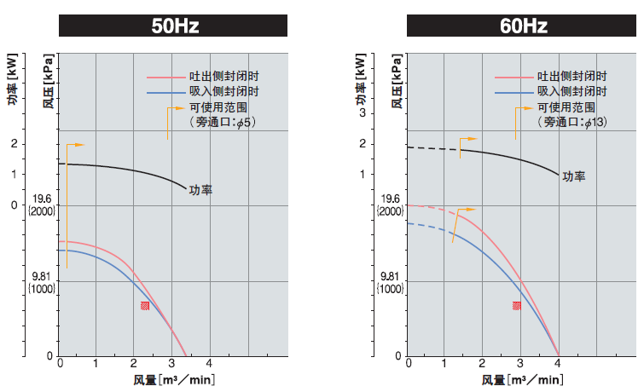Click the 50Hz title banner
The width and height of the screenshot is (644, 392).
[x=175, y=26]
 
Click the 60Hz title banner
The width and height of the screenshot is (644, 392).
[x=523, y=26]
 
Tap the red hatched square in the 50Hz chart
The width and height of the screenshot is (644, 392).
[x=145, y=305]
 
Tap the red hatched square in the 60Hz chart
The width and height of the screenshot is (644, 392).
[x=517, y=305]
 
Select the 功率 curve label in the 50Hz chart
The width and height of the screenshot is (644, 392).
[x=200, y=190]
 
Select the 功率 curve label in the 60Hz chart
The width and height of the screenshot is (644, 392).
[x=573, y=176]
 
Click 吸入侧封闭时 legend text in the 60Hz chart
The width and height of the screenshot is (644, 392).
[x=571, y=91]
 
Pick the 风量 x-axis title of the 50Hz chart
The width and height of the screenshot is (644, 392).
[x=174, y=379]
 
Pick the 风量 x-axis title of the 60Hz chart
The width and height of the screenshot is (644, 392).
[x=522, y=379]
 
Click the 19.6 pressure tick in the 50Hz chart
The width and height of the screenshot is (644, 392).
[x=43, y=199]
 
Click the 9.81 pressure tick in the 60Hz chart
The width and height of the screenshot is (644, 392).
[x=390, y=276]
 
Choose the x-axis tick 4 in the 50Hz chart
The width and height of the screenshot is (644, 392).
[x=209, y=364]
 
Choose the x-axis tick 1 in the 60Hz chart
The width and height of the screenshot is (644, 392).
[x=445, y=364]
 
